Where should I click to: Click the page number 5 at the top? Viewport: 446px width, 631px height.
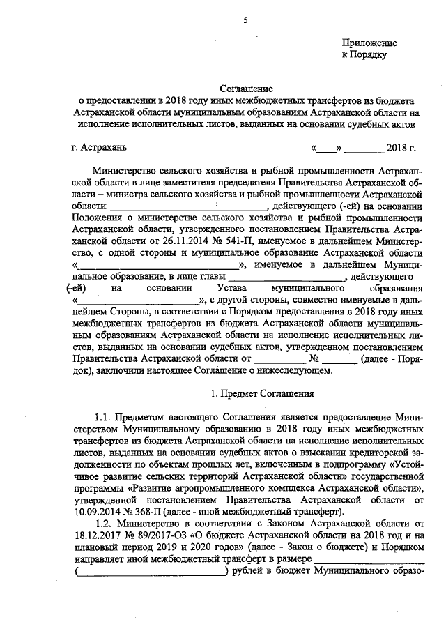(x=245, y=20)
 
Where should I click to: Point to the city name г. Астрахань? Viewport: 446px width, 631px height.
(x=99, y=148)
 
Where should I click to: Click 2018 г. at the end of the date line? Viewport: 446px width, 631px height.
(x=401, y=148)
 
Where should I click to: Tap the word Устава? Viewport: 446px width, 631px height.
(x=233, y=288)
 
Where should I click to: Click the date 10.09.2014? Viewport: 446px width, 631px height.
(x=95, y=511)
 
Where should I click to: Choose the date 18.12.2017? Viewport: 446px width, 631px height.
(x=95, y=535)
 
